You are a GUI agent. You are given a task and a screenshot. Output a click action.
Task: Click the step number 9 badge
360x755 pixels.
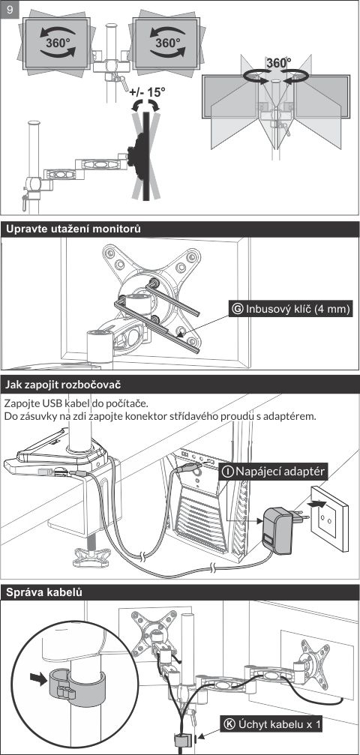coord(10,10)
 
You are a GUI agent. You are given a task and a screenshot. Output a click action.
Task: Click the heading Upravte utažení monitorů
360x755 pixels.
coord(73,229)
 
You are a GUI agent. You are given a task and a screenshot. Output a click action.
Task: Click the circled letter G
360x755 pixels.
coord(238,309)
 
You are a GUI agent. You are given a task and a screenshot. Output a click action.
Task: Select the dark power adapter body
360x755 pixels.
coord(277,530)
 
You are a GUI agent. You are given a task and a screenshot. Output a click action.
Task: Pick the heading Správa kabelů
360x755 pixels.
coord(43,592)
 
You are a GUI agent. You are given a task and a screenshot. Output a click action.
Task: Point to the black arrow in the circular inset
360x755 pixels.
coord(37,678)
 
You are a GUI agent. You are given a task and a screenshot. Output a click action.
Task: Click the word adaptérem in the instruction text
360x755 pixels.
coord(292,415)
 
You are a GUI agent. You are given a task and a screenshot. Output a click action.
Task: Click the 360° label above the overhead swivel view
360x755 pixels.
coord(279,63)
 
